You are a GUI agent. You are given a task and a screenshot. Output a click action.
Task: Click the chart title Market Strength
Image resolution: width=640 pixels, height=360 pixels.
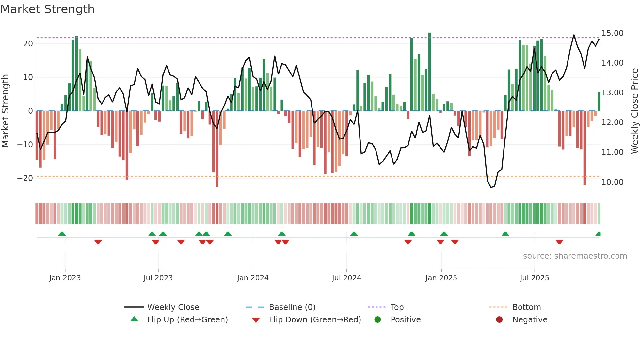(x=47, y=9)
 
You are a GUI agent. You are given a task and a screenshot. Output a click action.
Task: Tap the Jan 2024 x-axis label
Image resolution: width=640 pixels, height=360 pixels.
(x=253, y=278)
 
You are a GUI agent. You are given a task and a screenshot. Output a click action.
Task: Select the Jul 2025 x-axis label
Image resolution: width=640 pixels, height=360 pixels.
(x=534, y=278)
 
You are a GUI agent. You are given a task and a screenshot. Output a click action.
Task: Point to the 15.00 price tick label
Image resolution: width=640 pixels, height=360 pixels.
(x=612, y=33)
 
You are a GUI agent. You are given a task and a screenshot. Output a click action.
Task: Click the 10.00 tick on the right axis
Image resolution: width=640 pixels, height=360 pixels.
(x=612, y=182)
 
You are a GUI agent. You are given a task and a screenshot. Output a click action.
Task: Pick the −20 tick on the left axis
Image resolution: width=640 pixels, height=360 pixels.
(x=25, y=178)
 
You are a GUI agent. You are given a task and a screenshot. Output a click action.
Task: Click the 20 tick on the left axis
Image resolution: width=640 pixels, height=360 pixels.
(x=28, y=44)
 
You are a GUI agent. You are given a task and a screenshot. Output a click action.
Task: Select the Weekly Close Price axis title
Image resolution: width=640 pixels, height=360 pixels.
(x=634, y=111)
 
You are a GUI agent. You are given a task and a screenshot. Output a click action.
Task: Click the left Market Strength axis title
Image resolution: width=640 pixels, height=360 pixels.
(x=5, y=111)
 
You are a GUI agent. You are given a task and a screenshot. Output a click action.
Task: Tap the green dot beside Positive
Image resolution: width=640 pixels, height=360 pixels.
(x=377, y=320)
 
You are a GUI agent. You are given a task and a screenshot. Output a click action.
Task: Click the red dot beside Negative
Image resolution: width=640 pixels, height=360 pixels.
(x=499, y=320)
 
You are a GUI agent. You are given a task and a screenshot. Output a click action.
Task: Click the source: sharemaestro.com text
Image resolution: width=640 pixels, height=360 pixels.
(x=575, y=256)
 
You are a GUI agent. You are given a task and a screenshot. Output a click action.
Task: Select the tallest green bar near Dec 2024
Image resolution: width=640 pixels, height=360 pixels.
(x=430, y=72)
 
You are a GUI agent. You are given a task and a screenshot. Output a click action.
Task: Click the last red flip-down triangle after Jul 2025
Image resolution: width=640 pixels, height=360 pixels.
(x=559, y=242)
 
